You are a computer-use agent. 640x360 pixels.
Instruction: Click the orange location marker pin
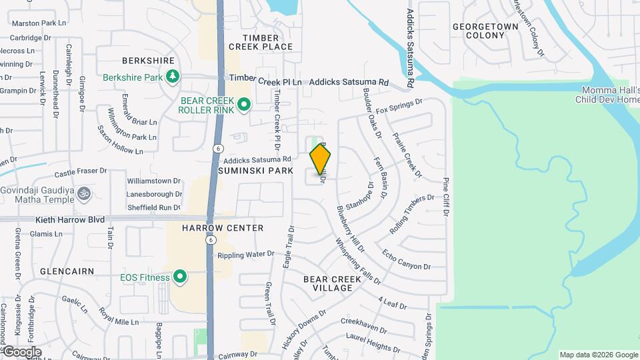click(320, 160)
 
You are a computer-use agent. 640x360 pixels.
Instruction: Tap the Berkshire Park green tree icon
click(172, 77)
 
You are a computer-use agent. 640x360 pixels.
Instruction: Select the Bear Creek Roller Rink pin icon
click(244, 104)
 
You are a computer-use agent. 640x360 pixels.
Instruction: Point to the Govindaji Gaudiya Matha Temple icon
click(83, 195)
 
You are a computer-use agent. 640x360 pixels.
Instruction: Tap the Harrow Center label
click(223, 228)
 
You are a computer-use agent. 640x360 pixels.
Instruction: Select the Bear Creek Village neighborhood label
click(327, 283)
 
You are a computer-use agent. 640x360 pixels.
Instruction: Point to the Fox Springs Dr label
click(399, 105)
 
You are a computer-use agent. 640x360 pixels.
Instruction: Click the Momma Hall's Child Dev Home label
click(606, 95)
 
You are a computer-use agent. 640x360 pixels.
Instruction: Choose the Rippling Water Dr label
click(245, 254)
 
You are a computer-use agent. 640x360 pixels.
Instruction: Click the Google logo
click(22, 352)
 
